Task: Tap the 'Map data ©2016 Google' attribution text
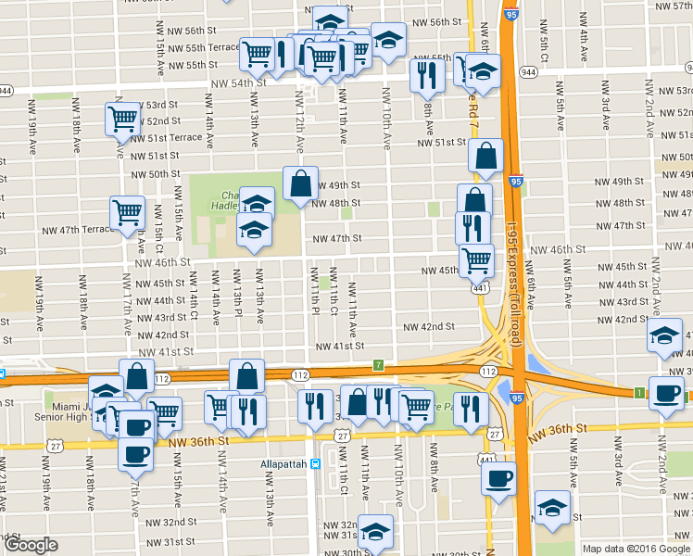click(636, 549)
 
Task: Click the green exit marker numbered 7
click(378, 364)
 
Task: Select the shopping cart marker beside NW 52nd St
click(122, 119)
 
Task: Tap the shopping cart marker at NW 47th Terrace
click(127, 212)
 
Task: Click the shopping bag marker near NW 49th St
click(301, 184)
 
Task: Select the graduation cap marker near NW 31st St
click(376, 532)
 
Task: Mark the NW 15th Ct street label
click(158, 235)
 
